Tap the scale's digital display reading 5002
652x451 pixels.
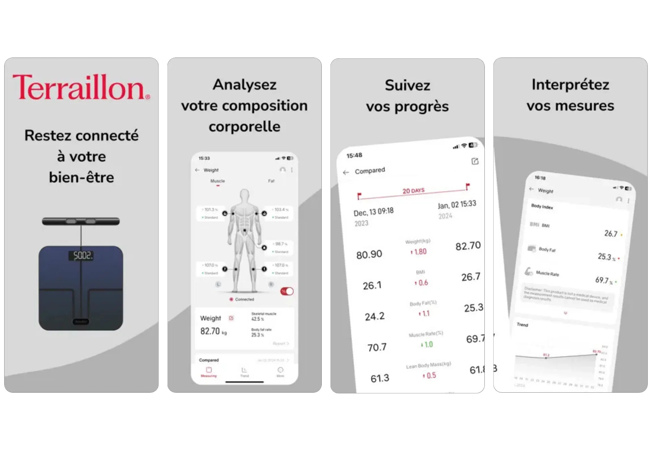81,256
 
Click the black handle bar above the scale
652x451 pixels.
81,221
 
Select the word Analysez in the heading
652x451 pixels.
244,85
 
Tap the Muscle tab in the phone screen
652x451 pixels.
217,181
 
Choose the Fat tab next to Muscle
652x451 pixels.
271,181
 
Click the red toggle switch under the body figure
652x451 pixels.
287,291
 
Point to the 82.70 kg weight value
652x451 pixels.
210,331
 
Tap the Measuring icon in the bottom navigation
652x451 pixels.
209,371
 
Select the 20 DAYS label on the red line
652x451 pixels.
413,190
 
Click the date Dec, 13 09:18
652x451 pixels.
373,212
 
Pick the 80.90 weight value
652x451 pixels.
369,255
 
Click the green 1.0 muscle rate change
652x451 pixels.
427,344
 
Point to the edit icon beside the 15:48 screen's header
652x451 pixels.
475,161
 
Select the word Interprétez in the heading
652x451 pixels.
570,84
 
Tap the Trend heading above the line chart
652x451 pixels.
522,325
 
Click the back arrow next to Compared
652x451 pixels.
346,172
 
